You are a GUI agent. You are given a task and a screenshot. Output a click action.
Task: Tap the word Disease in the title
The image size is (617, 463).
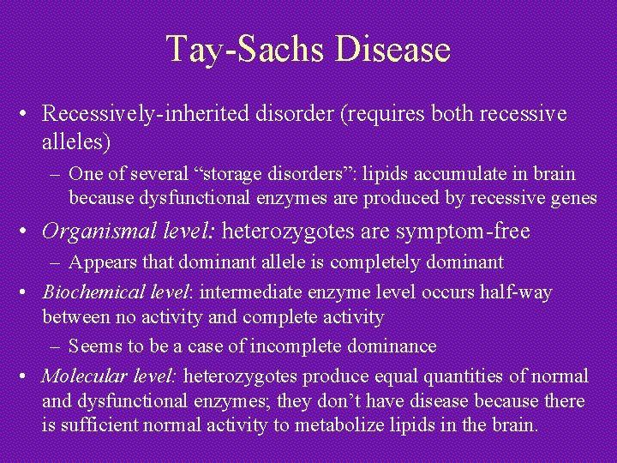pyautogui.click(x=393, y=49)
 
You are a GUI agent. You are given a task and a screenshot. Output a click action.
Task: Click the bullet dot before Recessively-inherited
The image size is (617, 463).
pyautogui.click(x=29, y=115)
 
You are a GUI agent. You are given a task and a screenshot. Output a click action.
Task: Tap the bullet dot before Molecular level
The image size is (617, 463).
pyautogui.click(x=29, y=376)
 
